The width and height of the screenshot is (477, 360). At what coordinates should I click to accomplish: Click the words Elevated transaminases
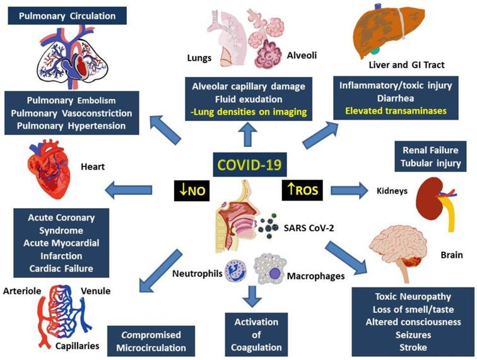(x=399, y=110)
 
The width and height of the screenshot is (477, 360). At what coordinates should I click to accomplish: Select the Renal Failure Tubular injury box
(x=433, y=156)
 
